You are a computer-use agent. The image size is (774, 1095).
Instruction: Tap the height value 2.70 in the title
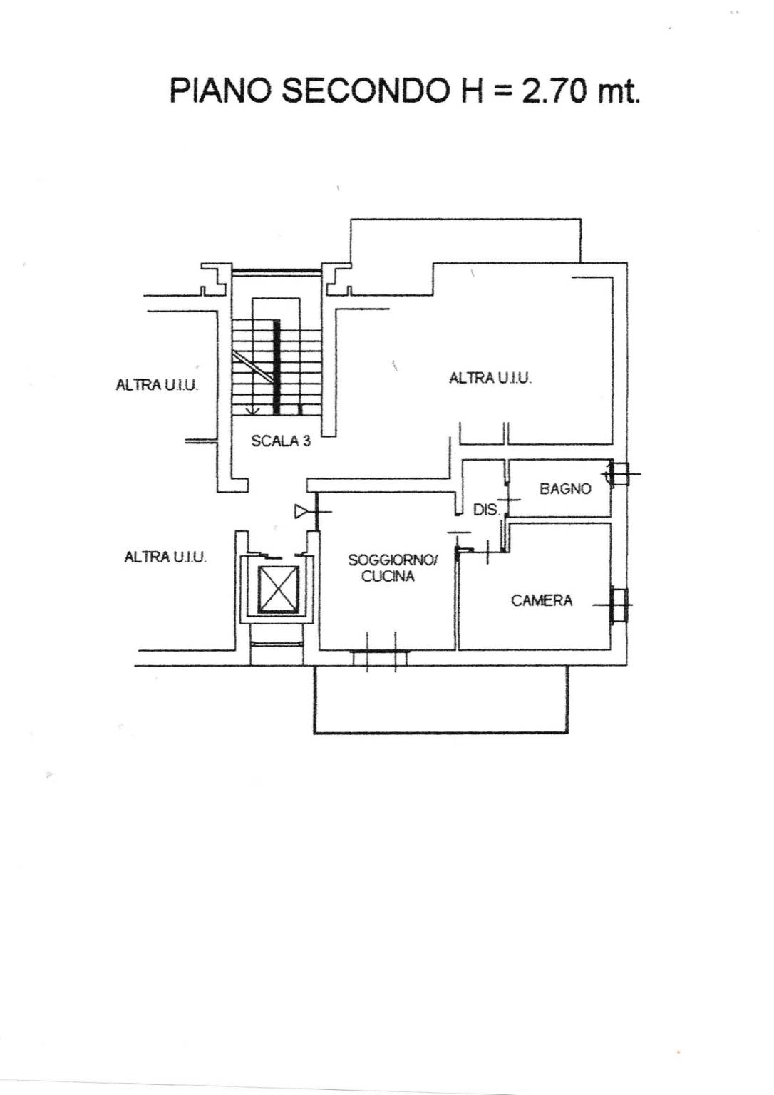point(553,91)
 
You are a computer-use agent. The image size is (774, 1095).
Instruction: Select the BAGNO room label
point(565,488)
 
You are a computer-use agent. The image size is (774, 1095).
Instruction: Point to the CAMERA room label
point(542,600)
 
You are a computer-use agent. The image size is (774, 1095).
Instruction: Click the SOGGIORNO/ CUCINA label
point(393,568)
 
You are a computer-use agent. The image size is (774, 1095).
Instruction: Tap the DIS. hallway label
point(487,510)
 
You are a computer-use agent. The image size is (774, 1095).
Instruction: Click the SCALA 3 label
point(281,441)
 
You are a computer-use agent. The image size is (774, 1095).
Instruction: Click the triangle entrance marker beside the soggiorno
point(301,512)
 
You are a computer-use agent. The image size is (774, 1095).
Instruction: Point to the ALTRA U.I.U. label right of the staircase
point(490,378)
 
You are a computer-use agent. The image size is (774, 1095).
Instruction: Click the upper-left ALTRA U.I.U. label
point(157,385)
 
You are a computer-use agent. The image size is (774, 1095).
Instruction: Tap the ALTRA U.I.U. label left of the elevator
point(165,557)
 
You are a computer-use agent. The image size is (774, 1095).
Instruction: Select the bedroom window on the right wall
point(619,605)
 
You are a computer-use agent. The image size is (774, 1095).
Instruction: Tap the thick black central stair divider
point(277,366)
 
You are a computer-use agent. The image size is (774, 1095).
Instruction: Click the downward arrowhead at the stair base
point(253,411)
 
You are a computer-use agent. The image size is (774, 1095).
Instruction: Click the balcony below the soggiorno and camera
point(440,700)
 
